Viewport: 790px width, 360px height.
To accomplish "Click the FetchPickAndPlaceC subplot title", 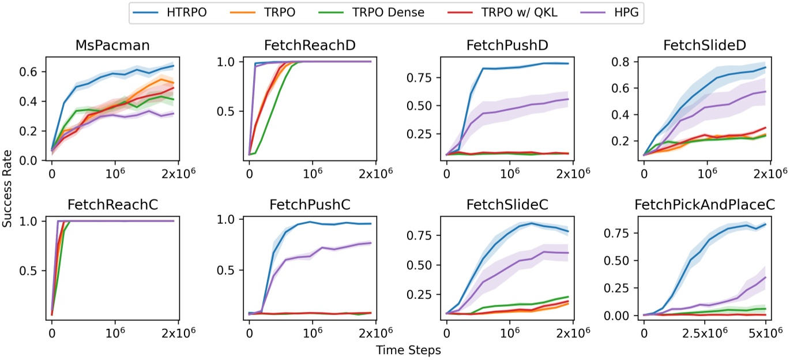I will pos(704,205).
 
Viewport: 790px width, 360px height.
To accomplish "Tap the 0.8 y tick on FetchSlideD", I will pos(625,62).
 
